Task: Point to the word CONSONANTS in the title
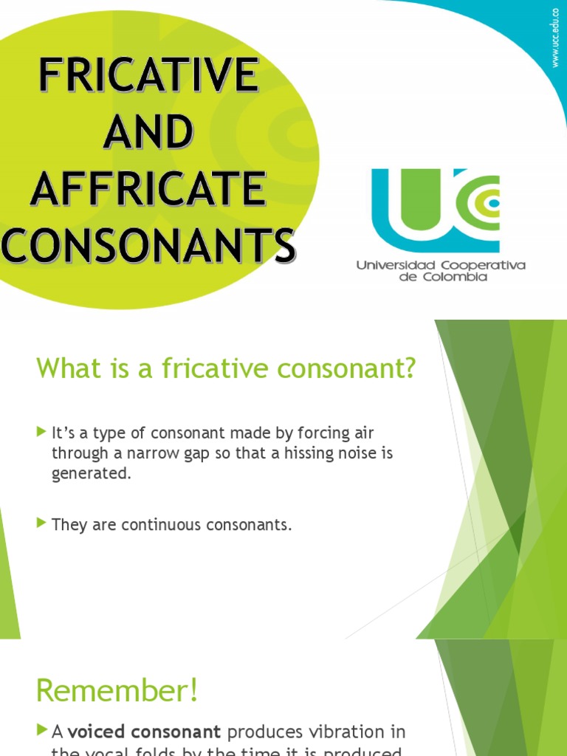(148, 246)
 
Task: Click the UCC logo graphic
(436, 210)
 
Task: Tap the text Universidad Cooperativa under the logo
(441, 265)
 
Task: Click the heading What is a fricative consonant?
(226, 368)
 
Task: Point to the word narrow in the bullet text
(140, 453)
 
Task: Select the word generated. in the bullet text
(91, 474)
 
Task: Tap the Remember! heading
(117, 691)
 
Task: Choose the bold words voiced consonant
(145, 732)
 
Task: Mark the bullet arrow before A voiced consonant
(41, 731)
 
